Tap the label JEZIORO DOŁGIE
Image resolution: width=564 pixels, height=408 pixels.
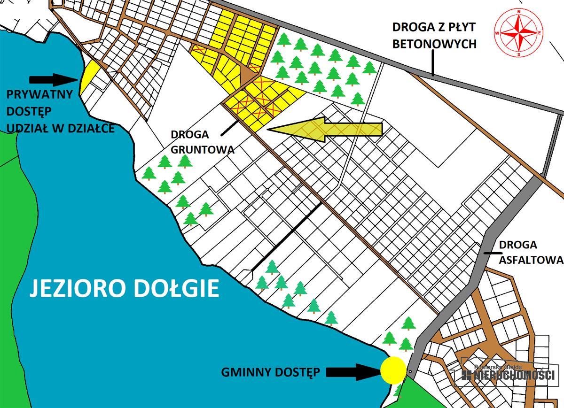pyautogui.click(x=125, y=287)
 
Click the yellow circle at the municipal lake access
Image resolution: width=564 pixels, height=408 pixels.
pyautogui.click(x=393, y=370)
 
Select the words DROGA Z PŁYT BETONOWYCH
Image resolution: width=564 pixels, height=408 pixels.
pyautogui.click(x=434, y=35)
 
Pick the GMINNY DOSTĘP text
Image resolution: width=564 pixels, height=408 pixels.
pyautogui.click(x=271, y=372)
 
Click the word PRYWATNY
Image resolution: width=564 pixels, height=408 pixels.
pyautogui.click(x=39, y=94)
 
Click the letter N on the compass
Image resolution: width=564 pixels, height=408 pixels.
pyautogui.click(x=519, y=11)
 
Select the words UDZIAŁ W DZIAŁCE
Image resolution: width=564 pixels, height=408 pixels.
pyautogui.click(x=60, y=128)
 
